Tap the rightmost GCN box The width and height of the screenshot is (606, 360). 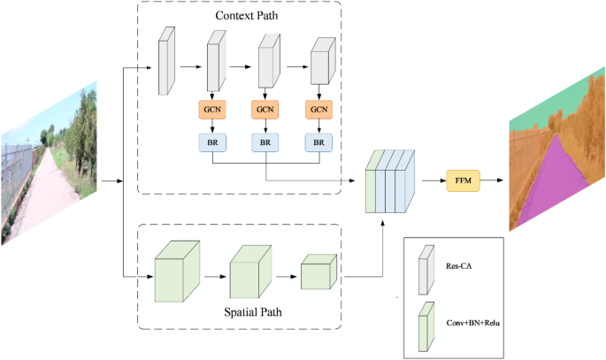pos(318,111)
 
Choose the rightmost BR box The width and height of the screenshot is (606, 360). pos(318,142)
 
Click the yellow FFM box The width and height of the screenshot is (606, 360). pos(462,180)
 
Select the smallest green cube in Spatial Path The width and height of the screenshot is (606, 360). pos(318,273)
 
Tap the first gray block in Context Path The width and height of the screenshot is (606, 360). pos(165,62)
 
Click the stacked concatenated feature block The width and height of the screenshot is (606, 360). pos(389,182)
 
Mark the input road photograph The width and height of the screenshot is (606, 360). pos(48,164)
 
